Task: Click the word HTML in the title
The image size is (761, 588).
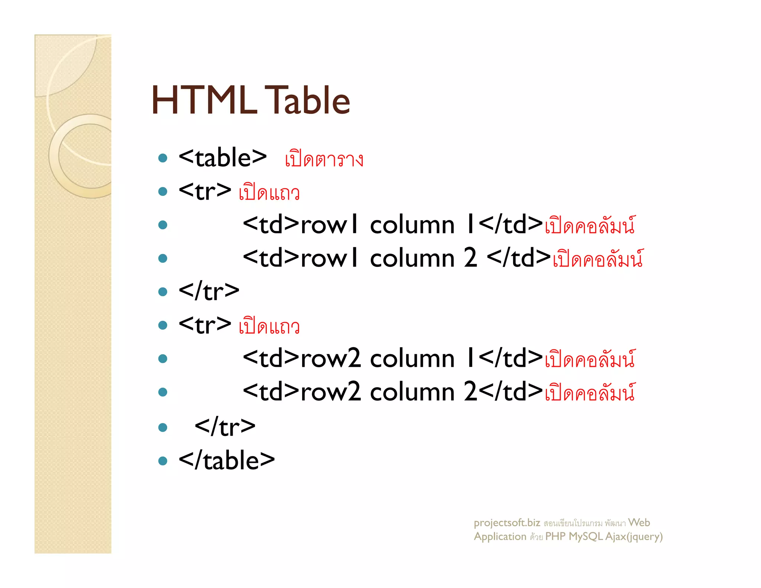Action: (204, 100)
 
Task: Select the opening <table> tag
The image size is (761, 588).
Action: (222, 158)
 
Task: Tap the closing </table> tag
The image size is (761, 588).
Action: (227, 461)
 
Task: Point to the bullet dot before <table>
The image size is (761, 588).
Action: (163, 158)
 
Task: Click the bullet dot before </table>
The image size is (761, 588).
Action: (163, 461)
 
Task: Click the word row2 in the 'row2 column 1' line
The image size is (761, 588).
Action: (330, 359)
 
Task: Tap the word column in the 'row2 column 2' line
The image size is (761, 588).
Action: (412, 392)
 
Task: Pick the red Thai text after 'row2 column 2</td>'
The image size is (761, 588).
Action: (590, 393)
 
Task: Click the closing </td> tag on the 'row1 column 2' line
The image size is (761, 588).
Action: (519, 258)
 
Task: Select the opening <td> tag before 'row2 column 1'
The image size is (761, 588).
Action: (271, 359)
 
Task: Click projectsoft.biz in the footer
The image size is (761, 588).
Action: (507, 523)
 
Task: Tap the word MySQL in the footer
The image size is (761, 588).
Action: (586, 536)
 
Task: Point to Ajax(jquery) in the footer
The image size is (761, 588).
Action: (634, 536)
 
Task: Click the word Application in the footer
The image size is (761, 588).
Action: (500, 536)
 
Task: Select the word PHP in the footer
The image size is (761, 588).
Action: (555, 536)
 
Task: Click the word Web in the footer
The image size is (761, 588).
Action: (639, 523)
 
